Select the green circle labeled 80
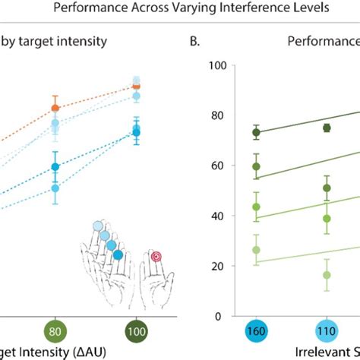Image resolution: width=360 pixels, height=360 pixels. click(x=55, y=333)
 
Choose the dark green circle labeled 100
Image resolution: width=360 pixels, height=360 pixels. click(x=136, y=333)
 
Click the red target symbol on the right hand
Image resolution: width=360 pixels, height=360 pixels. click(x=156, y=257)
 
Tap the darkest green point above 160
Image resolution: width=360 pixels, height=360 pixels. click(x=256, y=132)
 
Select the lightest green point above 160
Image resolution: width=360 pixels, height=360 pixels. click(x=256, y=250)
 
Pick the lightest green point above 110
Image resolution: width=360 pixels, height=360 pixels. click(x=327, y=275)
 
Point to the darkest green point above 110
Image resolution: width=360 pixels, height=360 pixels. click(x=327, y=128)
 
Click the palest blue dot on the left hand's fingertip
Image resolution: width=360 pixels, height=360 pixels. click(x=97, y=226)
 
